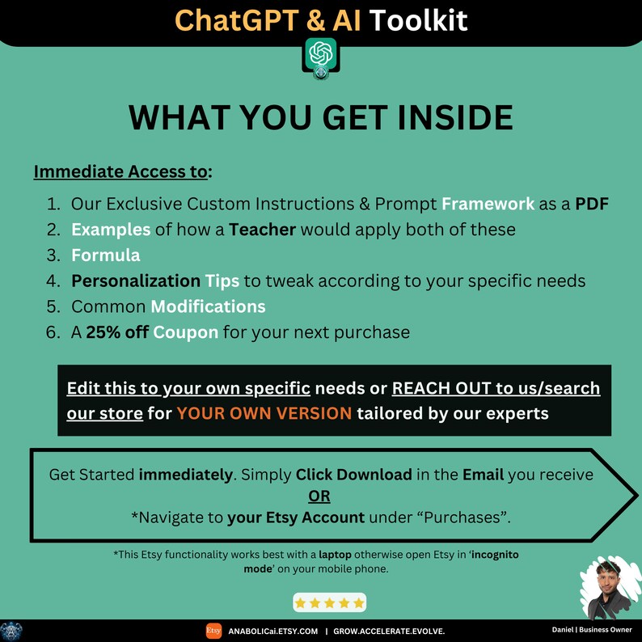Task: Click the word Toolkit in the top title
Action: tap(418, 19)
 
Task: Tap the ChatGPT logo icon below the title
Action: tap(321, 54)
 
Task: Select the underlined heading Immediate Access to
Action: tap(123, 171)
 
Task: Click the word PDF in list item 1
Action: tap(592, 204)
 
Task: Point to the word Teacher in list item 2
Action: tap(263, 230)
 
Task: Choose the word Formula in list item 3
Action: tap(106, 256)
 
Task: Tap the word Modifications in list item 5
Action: tap(208, 307)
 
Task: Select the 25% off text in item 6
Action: tap(117, 332)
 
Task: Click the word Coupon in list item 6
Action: tap(186, 332)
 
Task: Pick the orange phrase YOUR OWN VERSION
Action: tap(264, 413)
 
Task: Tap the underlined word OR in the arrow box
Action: tap(320, 496)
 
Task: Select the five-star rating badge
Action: tap(329, 602)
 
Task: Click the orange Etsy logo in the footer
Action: tap(213, 631)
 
